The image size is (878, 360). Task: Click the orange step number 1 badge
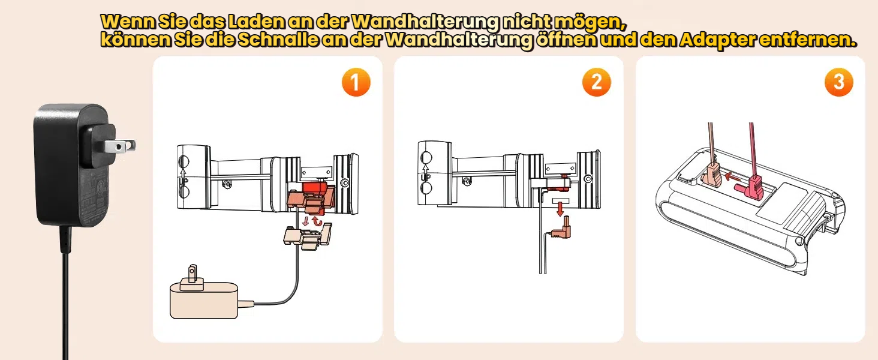tap(356, 82)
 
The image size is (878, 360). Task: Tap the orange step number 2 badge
tap(597, 82)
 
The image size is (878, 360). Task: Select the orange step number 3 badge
tap(839, 82)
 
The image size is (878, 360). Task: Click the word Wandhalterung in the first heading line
tap(425, 22)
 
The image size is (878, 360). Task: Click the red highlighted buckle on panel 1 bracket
tap(312, 198)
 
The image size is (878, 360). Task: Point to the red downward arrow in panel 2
tap(560, 208)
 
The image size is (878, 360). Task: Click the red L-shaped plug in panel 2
tap(562, 229)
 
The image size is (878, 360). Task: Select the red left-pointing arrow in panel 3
tap(732, 176)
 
